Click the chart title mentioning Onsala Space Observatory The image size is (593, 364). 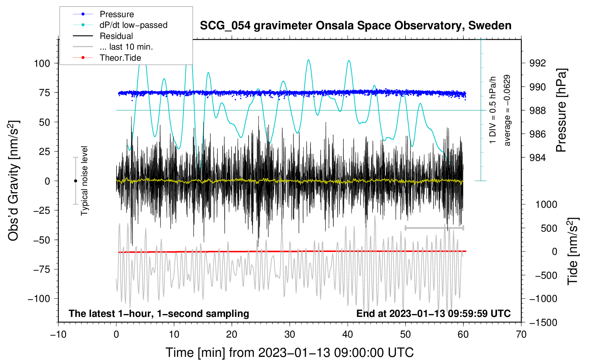pyautogui.click(x=355, y=26)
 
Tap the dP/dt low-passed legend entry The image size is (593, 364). pyautogui.click(x=133, y=25)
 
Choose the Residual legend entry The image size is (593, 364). pyautogui.click(x=116, y=36)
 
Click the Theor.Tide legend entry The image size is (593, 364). pyautogui.click(x=120, y=58)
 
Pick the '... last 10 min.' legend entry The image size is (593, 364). pyautogui.click(x=126, y=47)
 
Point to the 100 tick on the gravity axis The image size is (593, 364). pyautogui.click(x=42, y=64)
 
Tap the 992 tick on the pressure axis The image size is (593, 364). pyautogui.click(x=538, y=63)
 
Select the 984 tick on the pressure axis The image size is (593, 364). pyautogui.click(x=538, y=158)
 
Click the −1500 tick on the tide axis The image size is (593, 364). pyautogui.click(x=543, y=322)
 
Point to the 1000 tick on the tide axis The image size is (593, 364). pyautogui.click(x=546, y=204)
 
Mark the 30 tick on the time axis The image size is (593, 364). pyautogui.click(x=290, y=334)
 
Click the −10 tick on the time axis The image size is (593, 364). pyautogui.click(x=58, y=334)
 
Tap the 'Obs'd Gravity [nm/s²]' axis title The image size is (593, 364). pyautogui.click(x=14, y=181)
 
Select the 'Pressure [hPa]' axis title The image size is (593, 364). pyautogui.click(x=561, y=111)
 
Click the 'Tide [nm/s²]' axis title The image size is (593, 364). pyautogui.click(x=573, y=251)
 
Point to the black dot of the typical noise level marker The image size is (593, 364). pyautogui.click(x=75, y=181)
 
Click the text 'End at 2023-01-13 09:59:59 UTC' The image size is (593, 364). pyautogui.click(x=433, y=313)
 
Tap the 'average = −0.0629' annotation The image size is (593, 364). pyautogui.click(x=507, y=111)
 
